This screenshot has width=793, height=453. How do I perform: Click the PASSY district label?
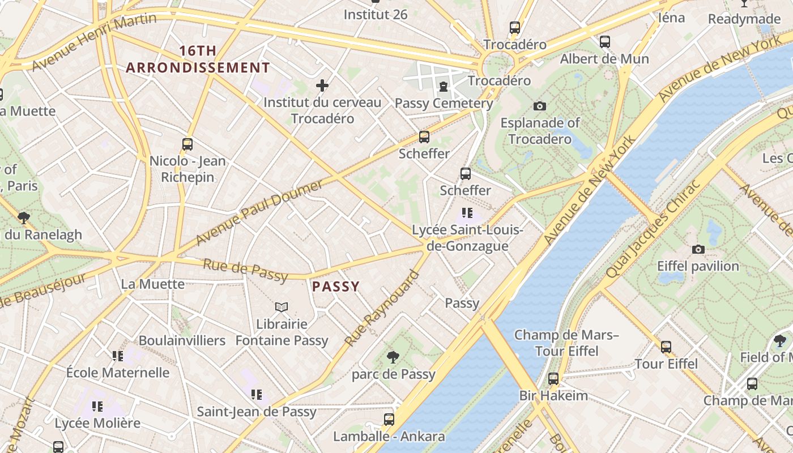tap(336, 287)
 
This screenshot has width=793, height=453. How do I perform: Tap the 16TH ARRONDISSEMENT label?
tap(198, 59)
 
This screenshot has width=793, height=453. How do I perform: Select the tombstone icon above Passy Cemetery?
tap(443, 87)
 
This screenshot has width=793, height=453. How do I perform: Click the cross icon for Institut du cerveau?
tap(322, 86)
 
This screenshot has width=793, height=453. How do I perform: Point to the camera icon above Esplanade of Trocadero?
tap(540, 106)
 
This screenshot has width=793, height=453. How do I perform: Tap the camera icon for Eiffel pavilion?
tap(698, 249)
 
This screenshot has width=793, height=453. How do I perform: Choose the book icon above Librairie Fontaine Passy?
tap(282, 307)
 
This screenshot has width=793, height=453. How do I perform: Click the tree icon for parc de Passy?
tap(393, 357)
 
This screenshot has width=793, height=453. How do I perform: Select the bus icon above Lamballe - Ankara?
tap(389, 419)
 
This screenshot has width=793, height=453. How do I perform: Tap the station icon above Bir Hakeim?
tap(553, 378)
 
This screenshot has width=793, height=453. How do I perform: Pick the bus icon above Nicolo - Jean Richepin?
tap(187, 144)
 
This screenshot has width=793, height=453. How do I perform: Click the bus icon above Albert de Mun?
tap(604, 41)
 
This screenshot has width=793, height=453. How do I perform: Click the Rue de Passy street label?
tap(245, 270)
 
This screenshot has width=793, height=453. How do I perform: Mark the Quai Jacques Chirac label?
tap(653, 230)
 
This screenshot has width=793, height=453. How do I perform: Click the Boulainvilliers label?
tap(182, 340)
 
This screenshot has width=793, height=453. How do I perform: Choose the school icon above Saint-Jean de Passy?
tap(256, 394)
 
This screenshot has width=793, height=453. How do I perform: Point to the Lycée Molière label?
tap(97, 423)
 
